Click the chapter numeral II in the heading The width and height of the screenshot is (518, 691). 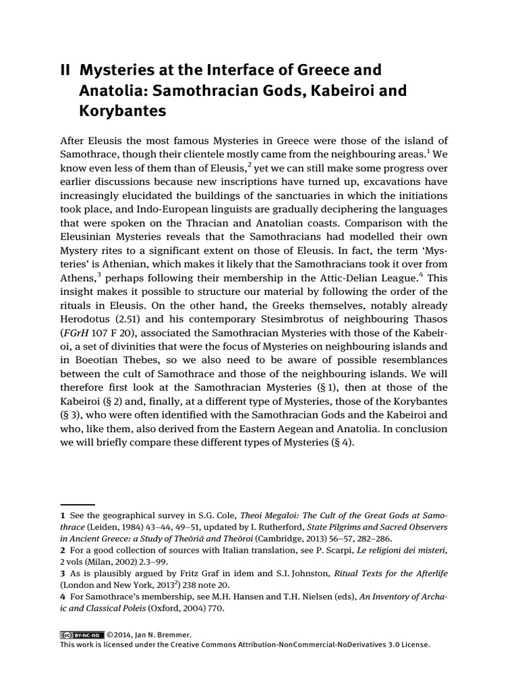point(66,70)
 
